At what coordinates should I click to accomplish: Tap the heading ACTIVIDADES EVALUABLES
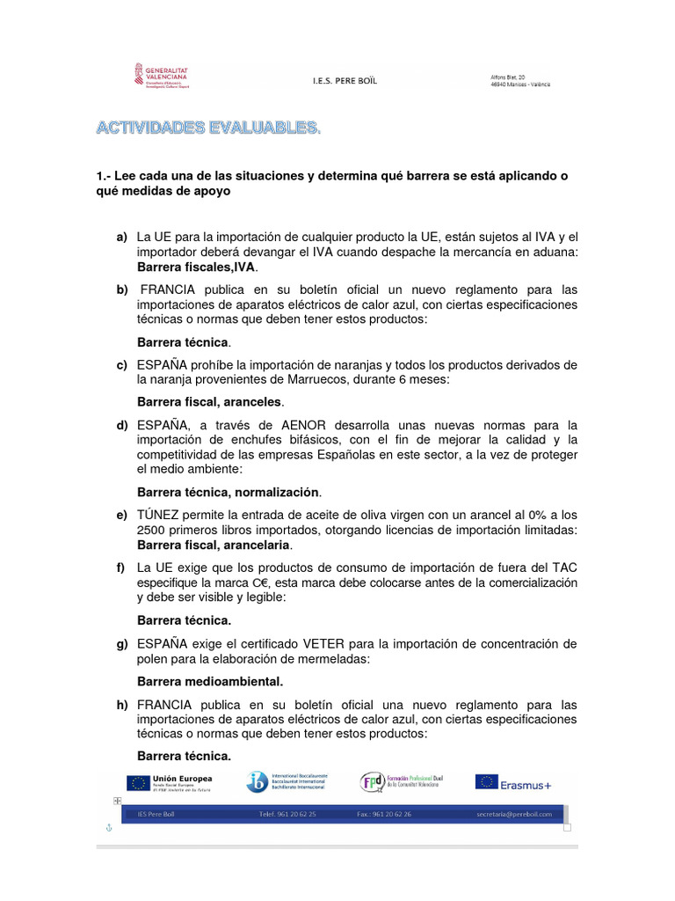tap(208, 129)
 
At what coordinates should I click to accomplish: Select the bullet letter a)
tap(120, 238)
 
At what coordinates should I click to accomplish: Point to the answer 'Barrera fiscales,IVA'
tap(198, 267)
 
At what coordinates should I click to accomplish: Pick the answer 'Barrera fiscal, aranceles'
tap(210, 402)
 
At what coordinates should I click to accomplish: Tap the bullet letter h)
tap(120, 705)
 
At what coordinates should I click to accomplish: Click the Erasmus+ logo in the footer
tap(513, 781)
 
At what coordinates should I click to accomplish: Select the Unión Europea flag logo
tap(138, 781)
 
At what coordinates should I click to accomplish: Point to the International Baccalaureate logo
tap(257, 781)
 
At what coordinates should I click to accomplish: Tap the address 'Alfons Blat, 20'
tap(508, 77)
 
